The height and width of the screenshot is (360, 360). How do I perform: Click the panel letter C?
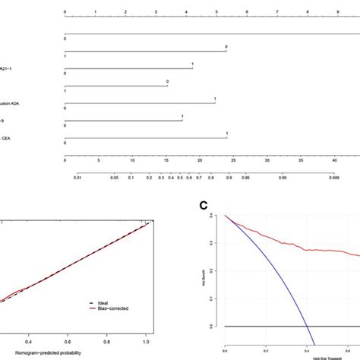(x=204, y=204)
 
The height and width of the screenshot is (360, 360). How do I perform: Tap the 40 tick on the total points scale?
(x=335, y=160)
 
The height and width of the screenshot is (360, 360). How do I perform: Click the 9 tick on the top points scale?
(x=338, y=12)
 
